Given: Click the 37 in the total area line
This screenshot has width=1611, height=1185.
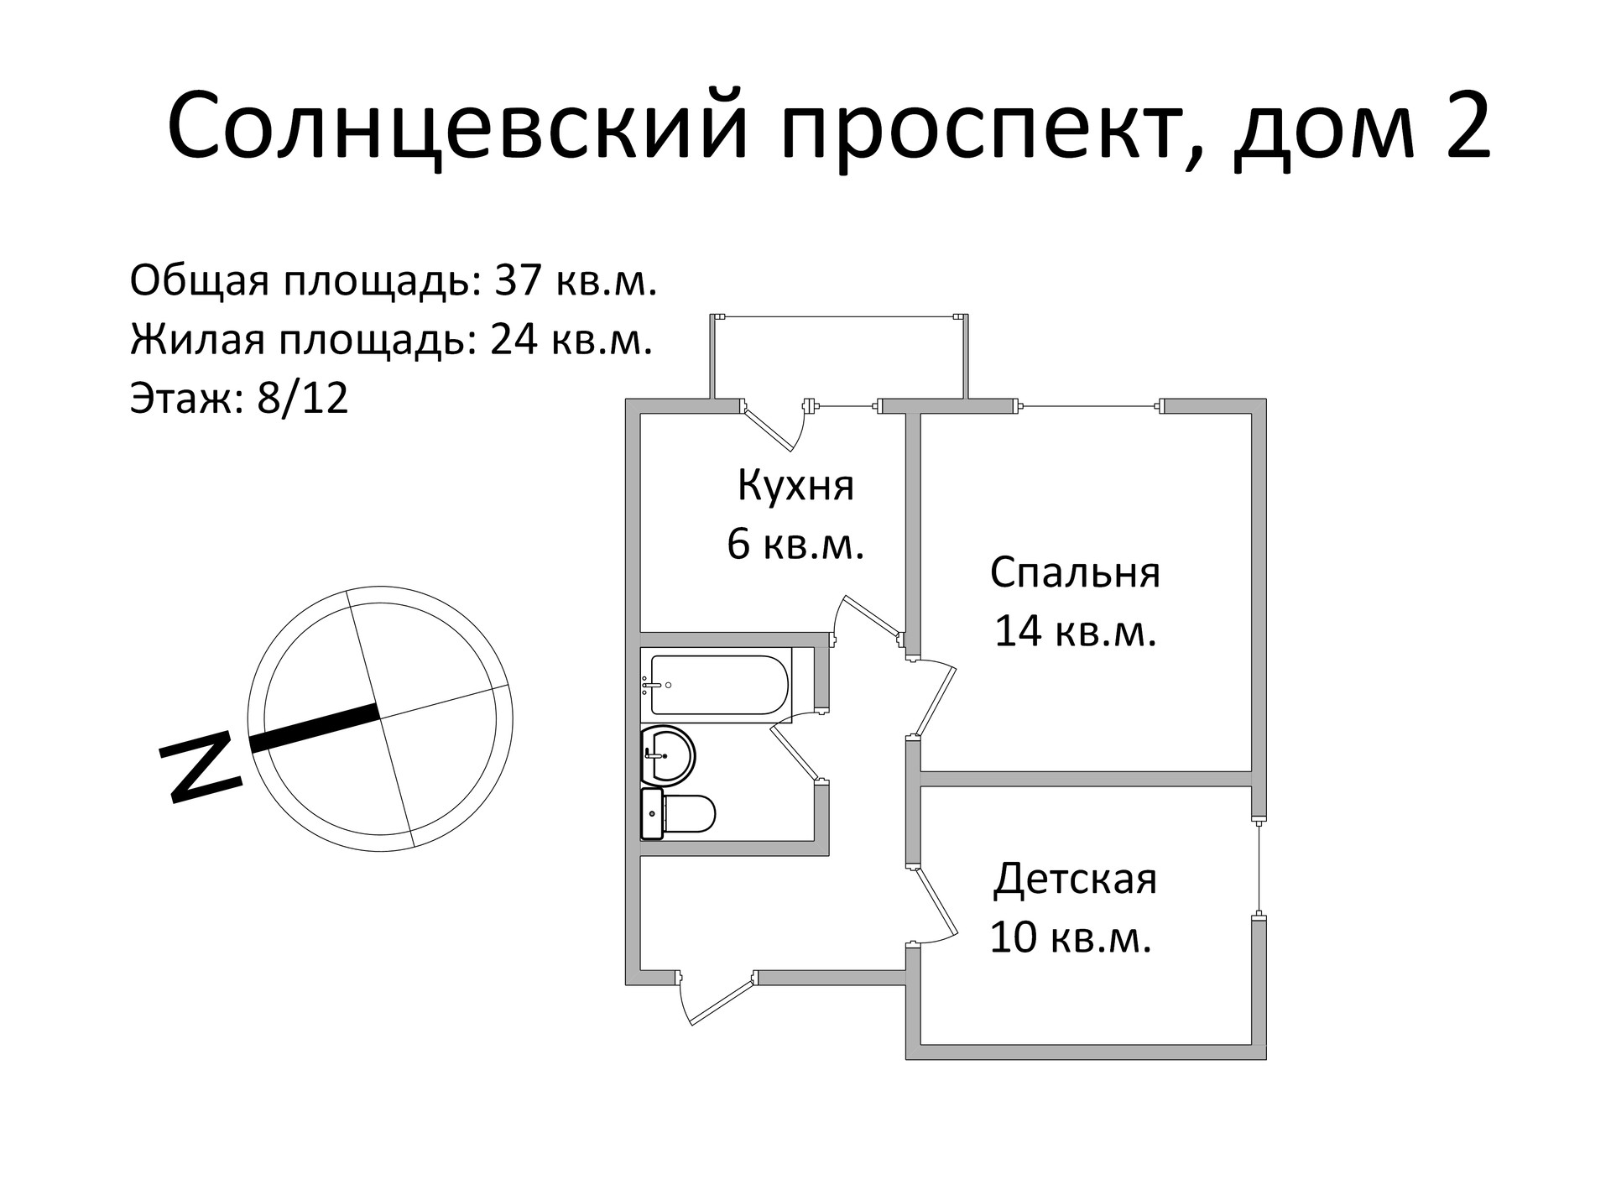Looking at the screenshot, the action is [x=520, y=280].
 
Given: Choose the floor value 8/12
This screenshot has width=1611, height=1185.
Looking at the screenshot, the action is [x=302, y=398].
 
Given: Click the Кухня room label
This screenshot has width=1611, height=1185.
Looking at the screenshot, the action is [x=795, y=485].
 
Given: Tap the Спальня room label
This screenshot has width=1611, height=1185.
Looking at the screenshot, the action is [x=1075, y=572].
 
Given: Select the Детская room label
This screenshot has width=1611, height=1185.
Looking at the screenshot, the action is [x=1075, y=880].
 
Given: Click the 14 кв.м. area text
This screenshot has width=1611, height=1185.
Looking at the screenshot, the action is [x=1075, y=631].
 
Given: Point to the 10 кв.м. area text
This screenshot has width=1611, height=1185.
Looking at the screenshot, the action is [x=1070, y=937].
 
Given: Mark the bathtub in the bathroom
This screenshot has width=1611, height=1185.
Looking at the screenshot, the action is [x=717, y=685].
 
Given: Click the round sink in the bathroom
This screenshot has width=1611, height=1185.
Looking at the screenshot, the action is [x=667, y=754].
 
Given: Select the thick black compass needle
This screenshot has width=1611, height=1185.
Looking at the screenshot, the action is [x=315, y=728].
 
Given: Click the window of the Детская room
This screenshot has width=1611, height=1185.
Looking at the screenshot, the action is [x=1259, y=868].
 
